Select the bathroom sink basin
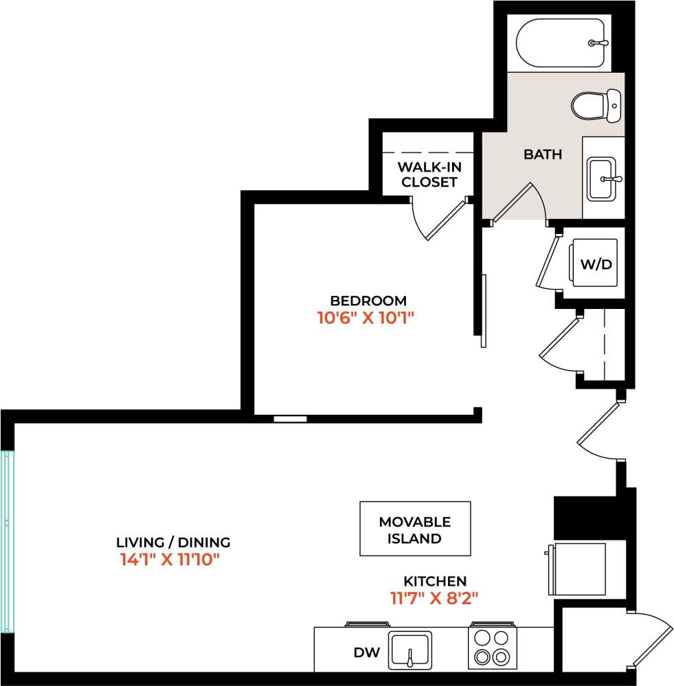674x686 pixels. click(x=603, y=179)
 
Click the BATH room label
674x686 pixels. click(x=543, y=155)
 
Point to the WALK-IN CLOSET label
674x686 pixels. click(x=429, y=174)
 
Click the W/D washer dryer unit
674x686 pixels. click(x=595, y=264)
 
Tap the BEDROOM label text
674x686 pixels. click(x=368, y=301)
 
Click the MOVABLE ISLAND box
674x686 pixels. click(x=415, y=529)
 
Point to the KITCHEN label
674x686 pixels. click(x=434, y=581)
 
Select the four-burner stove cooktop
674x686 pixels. click(x=492, y=648)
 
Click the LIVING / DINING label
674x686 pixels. click(x=173, y=542)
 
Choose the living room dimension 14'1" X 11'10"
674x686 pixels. click(x=169, y=560)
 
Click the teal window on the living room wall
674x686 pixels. click(x=7, y=540)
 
